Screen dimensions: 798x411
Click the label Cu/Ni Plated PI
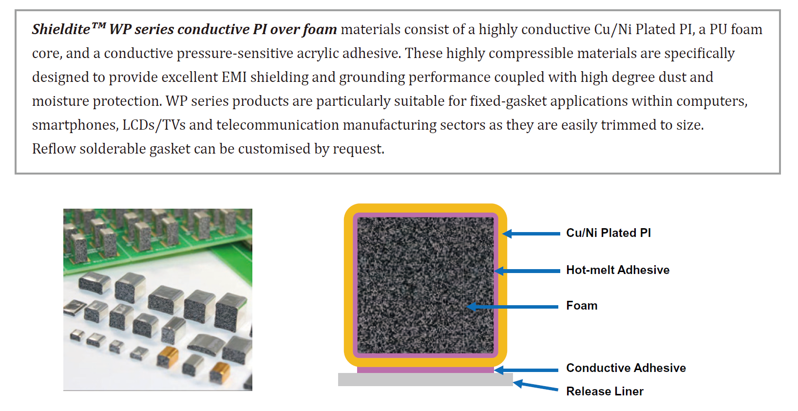(x=608, y=233)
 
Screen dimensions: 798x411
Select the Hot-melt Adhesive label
(x=618, y=270)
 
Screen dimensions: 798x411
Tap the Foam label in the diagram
(x=582, y=306)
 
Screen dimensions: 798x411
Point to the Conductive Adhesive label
(x=626, y=368)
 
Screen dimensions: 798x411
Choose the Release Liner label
(x=605, y=391)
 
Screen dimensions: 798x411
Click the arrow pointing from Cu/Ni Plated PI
(x=531, y=234)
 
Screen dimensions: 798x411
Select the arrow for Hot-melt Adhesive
(x=527, y=271)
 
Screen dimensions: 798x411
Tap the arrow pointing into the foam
(x=513, y=307)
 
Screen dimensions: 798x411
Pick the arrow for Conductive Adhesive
(x=526, y=370)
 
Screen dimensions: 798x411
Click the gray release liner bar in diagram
(x=425, y=379)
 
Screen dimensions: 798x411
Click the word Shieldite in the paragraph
(x=61, y=29)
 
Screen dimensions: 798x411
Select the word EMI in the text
(x=234, y=77)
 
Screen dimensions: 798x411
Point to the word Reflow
(x=54, y=149)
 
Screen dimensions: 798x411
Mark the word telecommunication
(x=278, y=125)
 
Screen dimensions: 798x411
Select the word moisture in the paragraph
(x=60, y=101)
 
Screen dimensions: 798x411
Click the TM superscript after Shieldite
(x=99, y=25)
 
